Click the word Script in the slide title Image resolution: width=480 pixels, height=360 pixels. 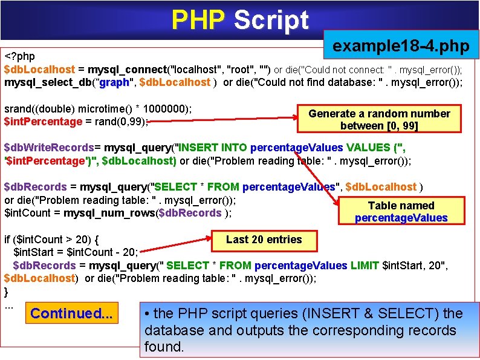point(271,21)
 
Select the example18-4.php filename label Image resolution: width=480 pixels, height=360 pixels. point(401,46)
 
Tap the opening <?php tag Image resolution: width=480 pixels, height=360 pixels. point(20,56)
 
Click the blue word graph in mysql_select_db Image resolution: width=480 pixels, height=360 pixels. point(115,82)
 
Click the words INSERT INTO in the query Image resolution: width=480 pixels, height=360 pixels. point(210,148)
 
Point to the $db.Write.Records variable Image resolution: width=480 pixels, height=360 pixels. point(48,148)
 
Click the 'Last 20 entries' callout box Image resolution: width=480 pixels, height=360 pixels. point(264,240)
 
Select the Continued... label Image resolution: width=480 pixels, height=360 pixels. point(71,313)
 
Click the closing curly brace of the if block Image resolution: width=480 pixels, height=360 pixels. point(7,292)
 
